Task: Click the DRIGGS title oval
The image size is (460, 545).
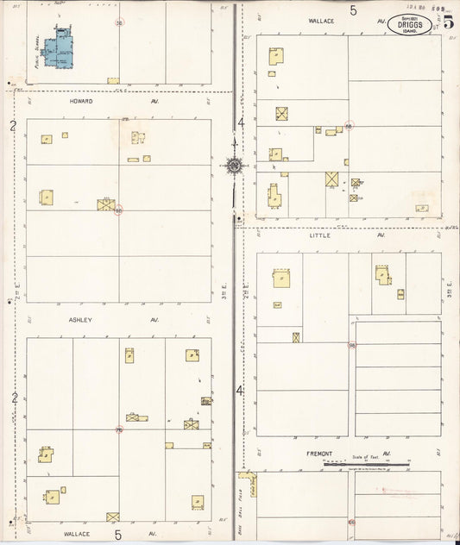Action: coord(411,22)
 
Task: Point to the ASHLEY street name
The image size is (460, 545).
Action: coord(80,319)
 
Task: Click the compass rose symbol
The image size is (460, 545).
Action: coord(233,163)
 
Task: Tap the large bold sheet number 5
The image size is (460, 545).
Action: coord(448,22)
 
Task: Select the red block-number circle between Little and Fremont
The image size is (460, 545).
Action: coord(351,345)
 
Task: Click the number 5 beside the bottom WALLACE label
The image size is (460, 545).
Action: coord(117,535)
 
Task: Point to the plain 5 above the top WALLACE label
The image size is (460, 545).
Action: coord(353,10)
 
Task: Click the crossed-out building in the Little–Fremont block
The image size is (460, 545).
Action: coord(295,337)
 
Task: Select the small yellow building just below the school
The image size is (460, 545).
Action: coord(113,80)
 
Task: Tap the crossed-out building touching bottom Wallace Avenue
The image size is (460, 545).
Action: coord(112,517)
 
